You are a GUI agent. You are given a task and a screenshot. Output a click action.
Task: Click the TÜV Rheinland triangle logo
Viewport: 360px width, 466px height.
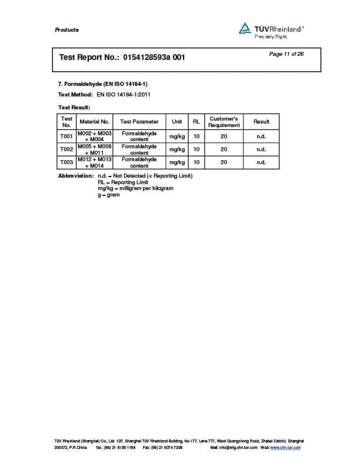point(245,28)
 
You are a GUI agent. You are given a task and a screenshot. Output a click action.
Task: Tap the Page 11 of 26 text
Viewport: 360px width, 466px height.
point(286,54)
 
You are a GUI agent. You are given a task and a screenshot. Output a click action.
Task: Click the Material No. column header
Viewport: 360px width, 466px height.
point(95,122)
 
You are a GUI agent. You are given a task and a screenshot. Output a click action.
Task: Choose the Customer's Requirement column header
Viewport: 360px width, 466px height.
point(224,122)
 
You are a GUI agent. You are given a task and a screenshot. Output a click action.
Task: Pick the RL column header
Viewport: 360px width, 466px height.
point(196,122)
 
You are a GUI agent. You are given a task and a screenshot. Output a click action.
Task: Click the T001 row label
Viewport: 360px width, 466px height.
point(66,136)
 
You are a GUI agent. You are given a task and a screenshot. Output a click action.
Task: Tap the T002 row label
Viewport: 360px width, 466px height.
point(66,149)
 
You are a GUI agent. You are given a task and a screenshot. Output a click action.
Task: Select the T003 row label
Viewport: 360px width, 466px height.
point(66,162)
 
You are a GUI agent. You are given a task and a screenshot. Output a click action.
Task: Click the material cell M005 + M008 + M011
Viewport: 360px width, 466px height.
point(95,149)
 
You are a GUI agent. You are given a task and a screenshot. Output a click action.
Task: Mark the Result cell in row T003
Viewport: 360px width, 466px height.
point(261,162)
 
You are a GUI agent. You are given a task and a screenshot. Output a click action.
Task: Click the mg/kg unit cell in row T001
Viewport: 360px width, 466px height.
point(176,136)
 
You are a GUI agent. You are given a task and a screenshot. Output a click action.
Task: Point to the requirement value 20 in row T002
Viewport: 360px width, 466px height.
point(224,149)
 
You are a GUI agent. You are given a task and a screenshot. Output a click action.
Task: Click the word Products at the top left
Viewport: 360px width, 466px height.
point(66,30)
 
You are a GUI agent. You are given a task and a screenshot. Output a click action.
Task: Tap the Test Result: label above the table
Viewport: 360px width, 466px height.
point(74,108)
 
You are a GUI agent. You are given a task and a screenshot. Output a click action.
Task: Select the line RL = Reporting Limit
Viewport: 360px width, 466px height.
point(124,182)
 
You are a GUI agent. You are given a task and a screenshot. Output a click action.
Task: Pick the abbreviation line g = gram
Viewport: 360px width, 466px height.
point(108,195)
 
